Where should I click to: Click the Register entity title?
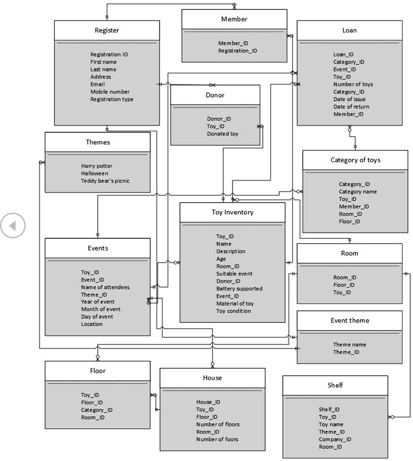pyautogui.click(x=107, y=30)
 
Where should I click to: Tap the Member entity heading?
pyautogui.click(x=234, y=19)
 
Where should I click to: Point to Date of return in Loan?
pyautogui.click(x=351, y=107)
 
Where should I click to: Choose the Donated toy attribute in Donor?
pyautogui.click(x=223, y=134)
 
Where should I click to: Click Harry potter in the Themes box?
pyautogui.click(x=97, y=166)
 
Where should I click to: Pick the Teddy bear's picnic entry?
pyautogui.click(x=105, y=181)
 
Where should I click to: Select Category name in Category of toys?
pyautogui.click(x=357, y=192)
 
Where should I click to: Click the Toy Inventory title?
pyautogui.click(x=232, y=212)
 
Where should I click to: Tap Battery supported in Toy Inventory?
pyautogui.click(x=239, y=289)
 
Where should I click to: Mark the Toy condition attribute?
pyautogui.click(x=234, y=311)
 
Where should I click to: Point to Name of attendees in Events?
pyautogui.click(x=105, y=287)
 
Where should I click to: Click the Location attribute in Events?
pyautogui.click(x=92, y=324)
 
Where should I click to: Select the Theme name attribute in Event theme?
pyautogui.click(x=350, y=345)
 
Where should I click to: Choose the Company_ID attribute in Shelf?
pyautogui.click(x=335, y=439)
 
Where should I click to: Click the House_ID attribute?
pyautogui.click(x=208, y=402)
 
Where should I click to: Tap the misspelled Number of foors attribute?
pyautogui.click(x=217, y=439)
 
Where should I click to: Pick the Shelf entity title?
pyautogui.click(x=335, y=385)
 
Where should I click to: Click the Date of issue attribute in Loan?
pyautogui.click(x=350, y=99)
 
